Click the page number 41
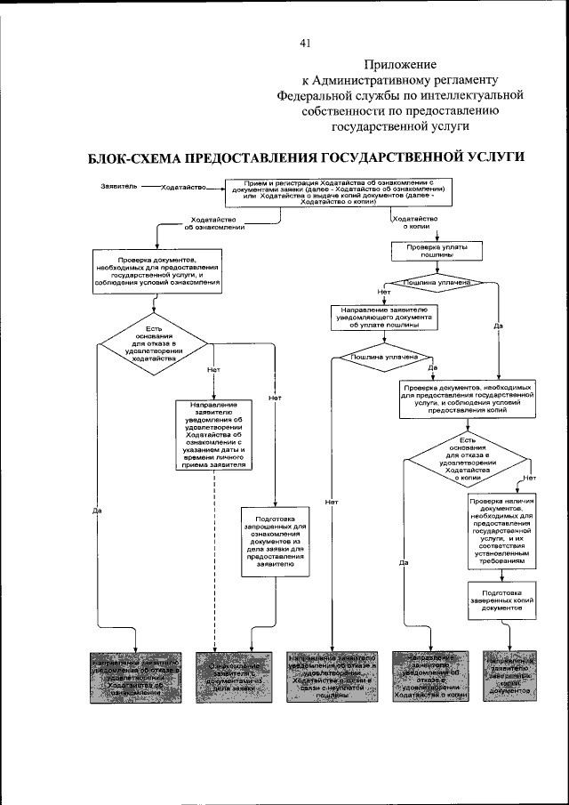tap(305, 43)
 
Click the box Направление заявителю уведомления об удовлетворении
tap(214, 435)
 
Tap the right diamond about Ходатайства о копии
tap(469, 460)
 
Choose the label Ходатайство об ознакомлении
tap(214, 223)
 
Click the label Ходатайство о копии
tap(414, 222)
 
